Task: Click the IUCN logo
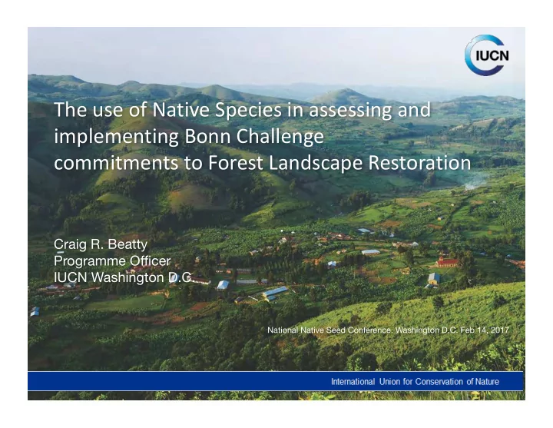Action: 487,55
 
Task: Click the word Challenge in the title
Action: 280,137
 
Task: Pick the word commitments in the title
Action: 116,163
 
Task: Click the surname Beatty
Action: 127,244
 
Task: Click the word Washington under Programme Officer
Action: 128,278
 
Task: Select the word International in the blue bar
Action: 353,381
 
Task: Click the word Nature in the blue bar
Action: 487,381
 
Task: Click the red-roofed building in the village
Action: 447,262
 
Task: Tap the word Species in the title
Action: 248,110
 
